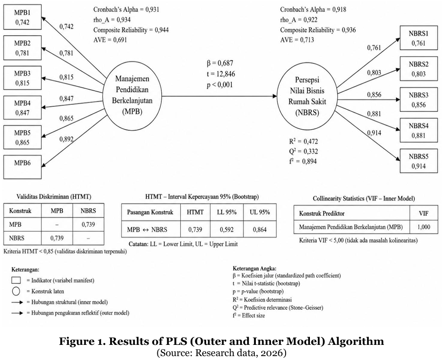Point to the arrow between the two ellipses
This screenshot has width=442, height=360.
pyautogui.click(x=220, y=96)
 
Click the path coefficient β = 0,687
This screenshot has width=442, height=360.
pyautogui.click(x=220, y=63)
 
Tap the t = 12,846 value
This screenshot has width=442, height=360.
pyautogui.click(x=221, y=74)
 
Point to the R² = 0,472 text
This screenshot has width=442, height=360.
pyautogui.click(x=303, y=141)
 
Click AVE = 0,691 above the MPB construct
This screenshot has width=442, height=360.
pyautogui.click(x=110, y=40)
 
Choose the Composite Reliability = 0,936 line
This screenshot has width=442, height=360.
pyautogui.click(x=318, y=30)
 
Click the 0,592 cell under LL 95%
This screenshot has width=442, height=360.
pyautogui.click(x=227, y=230)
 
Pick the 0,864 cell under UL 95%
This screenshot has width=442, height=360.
pyautogui.click(x=260, y=230)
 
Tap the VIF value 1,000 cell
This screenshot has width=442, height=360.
pyautogui.click(x=423, y=227)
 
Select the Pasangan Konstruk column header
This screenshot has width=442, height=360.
pyautogui.click(x=150, y=212)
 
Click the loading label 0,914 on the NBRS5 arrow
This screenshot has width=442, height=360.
pyautogui.click(x=374, y=133)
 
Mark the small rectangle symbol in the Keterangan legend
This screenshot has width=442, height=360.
pyautogui.click(x=16, y=280)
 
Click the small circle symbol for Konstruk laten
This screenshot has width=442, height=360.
pyautogui.click(x=16, y=291)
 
